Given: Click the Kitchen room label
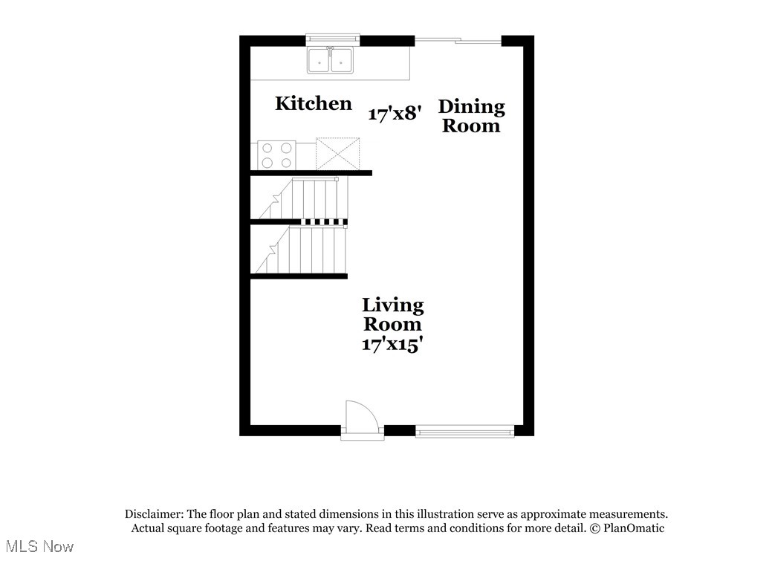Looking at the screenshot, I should (313, 103).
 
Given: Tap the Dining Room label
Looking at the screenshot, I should (472, 116).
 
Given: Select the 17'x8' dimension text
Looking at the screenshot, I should (395, 114).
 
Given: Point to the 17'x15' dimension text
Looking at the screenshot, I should (393, 344).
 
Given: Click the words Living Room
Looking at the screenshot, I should (393, 314).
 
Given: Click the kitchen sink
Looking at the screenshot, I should (331, 60).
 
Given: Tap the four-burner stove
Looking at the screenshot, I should (276, 155).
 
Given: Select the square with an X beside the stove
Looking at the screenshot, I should (338, 154).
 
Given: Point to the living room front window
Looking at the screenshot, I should (464, 430).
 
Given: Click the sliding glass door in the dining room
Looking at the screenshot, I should (458, 40).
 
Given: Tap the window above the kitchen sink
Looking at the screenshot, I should (332, 38).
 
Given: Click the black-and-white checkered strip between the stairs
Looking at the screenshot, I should (323, 221).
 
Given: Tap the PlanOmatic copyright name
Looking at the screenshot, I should (634, 528).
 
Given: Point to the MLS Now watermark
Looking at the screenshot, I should (37, 547).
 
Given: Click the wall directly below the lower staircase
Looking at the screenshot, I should (299, 276).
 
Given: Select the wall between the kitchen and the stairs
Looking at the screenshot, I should (311, 173).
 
